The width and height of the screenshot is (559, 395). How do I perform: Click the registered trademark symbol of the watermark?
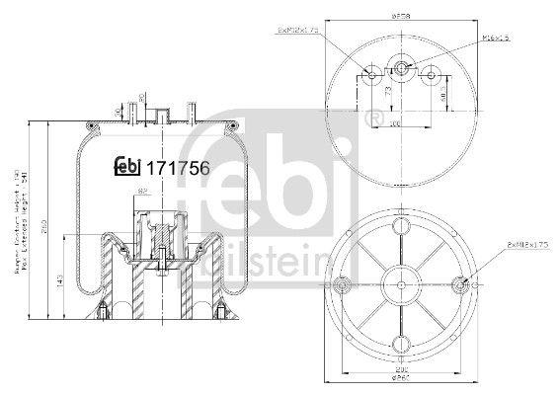click(372, 120)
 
